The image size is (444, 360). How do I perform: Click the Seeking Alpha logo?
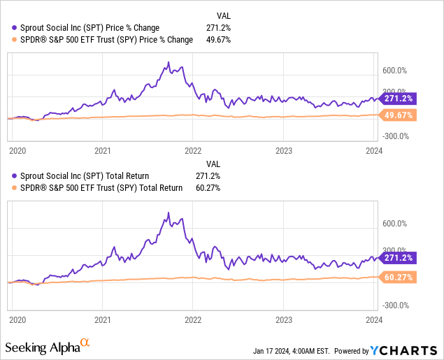[48, 347]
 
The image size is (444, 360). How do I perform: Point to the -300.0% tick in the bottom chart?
[396, 305]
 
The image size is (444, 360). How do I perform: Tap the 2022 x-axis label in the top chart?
[193, 150]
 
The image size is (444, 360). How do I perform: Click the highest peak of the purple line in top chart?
[169, 62]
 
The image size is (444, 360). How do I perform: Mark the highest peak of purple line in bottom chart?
[169, 212]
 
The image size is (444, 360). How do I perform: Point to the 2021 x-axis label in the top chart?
[103, 150]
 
